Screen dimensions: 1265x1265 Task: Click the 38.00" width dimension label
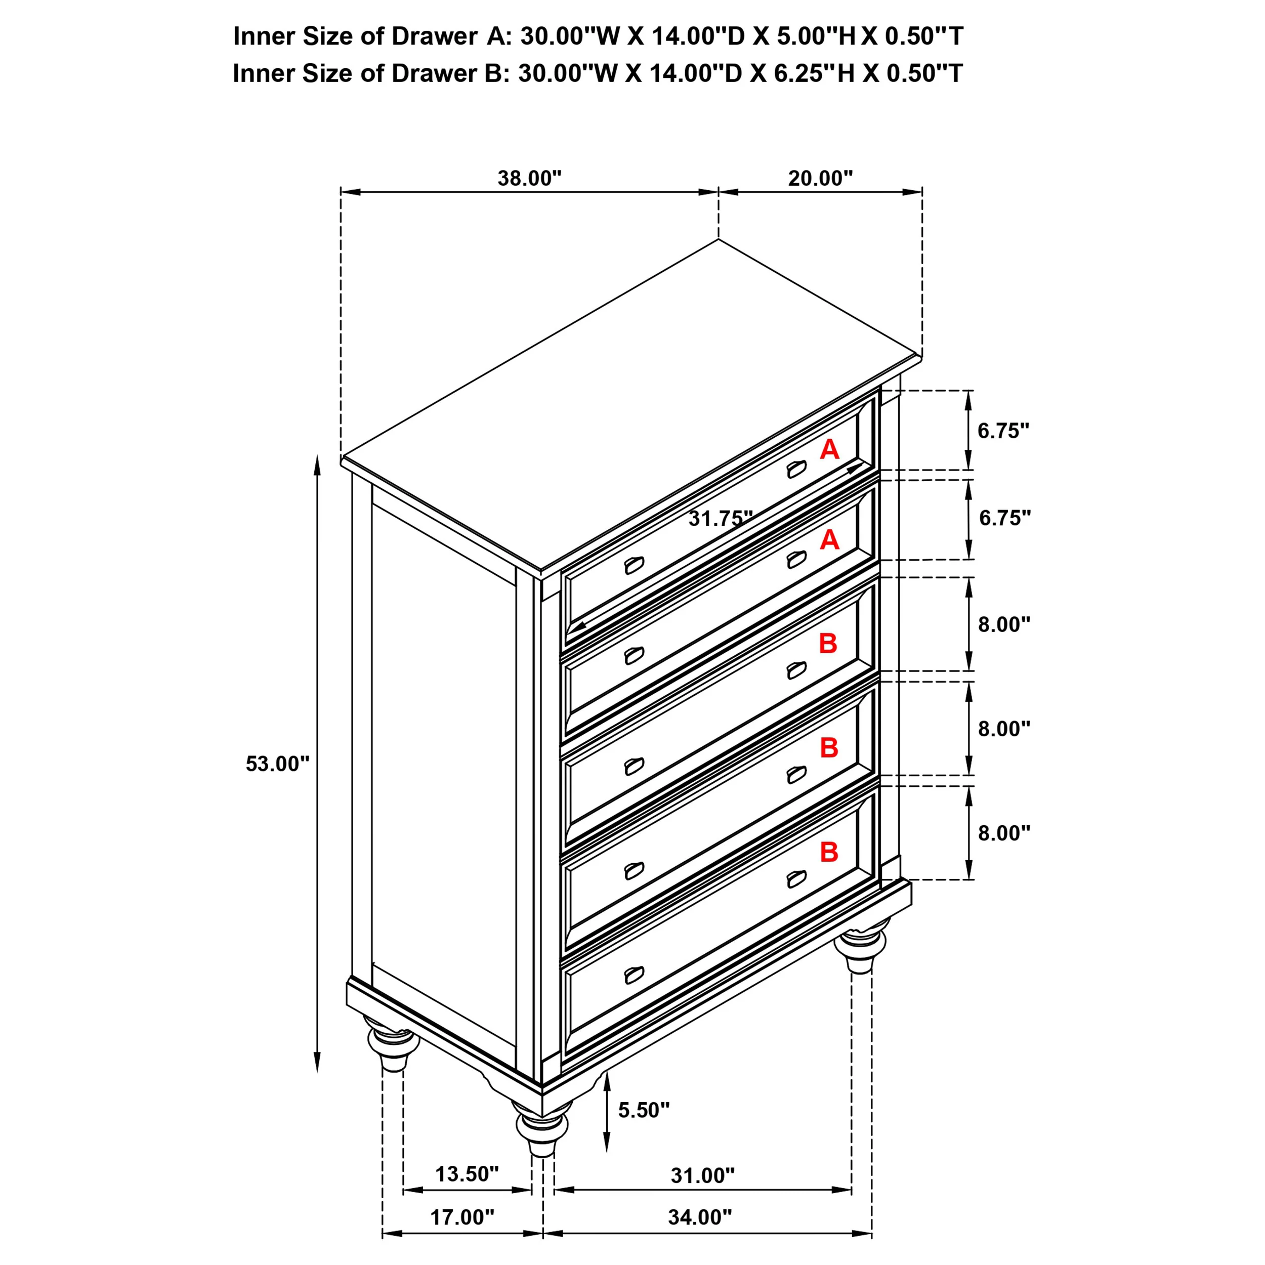[529, 178]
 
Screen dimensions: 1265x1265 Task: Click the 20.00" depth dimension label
[820, 178]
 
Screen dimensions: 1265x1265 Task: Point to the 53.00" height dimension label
[277, 764]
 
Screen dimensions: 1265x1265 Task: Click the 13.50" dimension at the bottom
[467, 1173]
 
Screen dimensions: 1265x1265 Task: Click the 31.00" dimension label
[702, 1175]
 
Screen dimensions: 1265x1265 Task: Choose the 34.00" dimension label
[699, 1217]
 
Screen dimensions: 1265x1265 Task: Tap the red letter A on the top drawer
[829, 449]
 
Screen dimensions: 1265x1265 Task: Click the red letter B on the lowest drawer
[828, 852]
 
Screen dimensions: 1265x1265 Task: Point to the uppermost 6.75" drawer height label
[1003, 431]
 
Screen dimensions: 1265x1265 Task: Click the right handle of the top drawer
[796, 469]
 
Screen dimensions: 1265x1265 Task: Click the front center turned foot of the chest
[542, 1127]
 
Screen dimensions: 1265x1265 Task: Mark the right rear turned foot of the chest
[862, 949]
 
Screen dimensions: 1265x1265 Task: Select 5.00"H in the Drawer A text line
[816, 36]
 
